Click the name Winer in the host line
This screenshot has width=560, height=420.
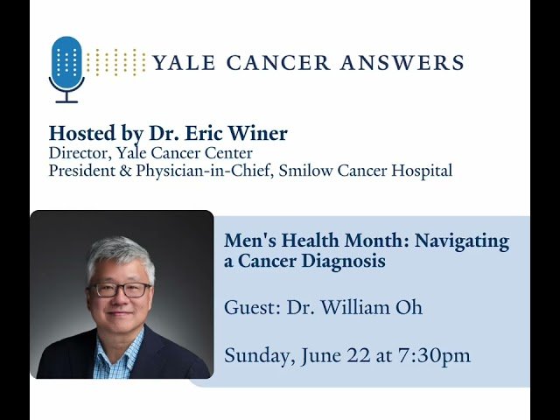[261, 133]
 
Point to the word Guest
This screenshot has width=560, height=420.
[248, 307]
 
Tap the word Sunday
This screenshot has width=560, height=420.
[255, 355]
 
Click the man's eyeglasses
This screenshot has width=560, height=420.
[119, 289]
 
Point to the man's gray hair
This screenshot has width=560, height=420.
[119, 254]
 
